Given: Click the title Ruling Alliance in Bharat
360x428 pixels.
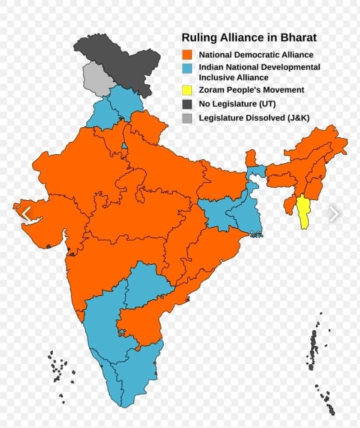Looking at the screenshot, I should point(248,38).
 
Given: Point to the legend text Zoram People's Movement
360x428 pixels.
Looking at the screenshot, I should point(251,90).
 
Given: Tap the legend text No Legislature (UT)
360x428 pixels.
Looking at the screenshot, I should point(237,104).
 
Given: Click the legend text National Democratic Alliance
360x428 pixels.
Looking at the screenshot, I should point(256,55).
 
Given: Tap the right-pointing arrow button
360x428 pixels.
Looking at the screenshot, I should point(334,214).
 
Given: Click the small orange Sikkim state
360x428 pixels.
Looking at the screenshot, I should point(251,158).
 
